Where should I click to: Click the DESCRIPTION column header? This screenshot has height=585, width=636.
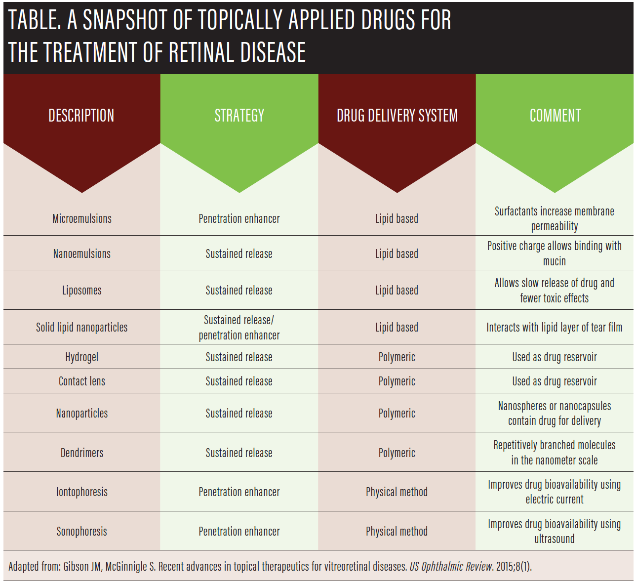pyautogui.click(x=81, y=116)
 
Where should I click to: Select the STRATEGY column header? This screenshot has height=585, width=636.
pyautogui.click(x=239, y=116)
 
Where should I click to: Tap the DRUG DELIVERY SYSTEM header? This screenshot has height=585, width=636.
pyautogui.click(x=397, y=116)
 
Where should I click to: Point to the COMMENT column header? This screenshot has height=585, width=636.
pyautogui.click(x=555, y=116)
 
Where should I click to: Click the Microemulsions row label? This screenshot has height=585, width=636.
pyautogui.click(x=82, y=218)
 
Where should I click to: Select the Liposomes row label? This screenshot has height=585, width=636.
pyautogui.click(x=82, y=290)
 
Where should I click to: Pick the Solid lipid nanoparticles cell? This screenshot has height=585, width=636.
pyautogui.click(x=82, y=327)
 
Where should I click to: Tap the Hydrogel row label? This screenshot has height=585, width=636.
pyautogui.click(x=82, y=357)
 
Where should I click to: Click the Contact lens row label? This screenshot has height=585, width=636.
pyautogui.click(x=82, y=381)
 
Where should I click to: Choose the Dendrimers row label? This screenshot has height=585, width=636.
pyautogui.click(x=82, y=453)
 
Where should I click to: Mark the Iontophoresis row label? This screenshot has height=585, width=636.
pyautogui.click(x=82, y=492)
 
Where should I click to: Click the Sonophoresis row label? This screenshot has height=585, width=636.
pyautogui.click(x=82, y=531)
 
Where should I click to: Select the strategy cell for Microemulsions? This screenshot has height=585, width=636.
pyautogui.click(x=239, y=218)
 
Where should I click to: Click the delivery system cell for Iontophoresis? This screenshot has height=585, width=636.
pyautogui.click(x=397, y=492)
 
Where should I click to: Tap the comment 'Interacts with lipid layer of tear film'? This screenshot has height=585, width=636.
pyautogui.click(x=554, y=327)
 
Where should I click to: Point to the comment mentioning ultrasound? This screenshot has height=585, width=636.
pyautogui.click(x=554, y=531)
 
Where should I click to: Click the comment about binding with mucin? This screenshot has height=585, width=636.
pyautogui.click(x=554, y=253)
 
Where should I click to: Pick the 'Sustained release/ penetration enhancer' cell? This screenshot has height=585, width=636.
pyautogui.click(x=239, y=327)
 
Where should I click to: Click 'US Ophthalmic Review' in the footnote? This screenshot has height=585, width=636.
pyautogui.click(x=451, y=566)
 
